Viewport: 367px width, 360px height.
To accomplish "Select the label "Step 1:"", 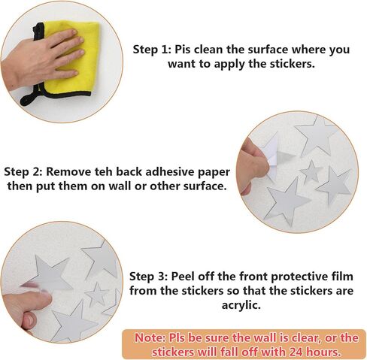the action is tap(152, 50).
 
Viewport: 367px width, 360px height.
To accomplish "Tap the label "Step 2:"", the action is tap(23, 172).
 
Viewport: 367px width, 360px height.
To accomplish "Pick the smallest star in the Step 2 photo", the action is tap(311, 172).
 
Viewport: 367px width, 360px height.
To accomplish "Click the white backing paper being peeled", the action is tap(272, 156).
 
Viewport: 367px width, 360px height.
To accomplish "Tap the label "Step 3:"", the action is tap(148, 277).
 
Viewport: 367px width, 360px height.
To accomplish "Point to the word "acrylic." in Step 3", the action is tap(241, 305).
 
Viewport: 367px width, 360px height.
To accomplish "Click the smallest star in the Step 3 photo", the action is tap(96, 295).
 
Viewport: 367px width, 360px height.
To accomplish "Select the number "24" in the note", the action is tap(296, 352).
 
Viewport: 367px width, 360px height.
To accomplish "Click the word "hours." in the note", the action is tap(324, 352).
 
